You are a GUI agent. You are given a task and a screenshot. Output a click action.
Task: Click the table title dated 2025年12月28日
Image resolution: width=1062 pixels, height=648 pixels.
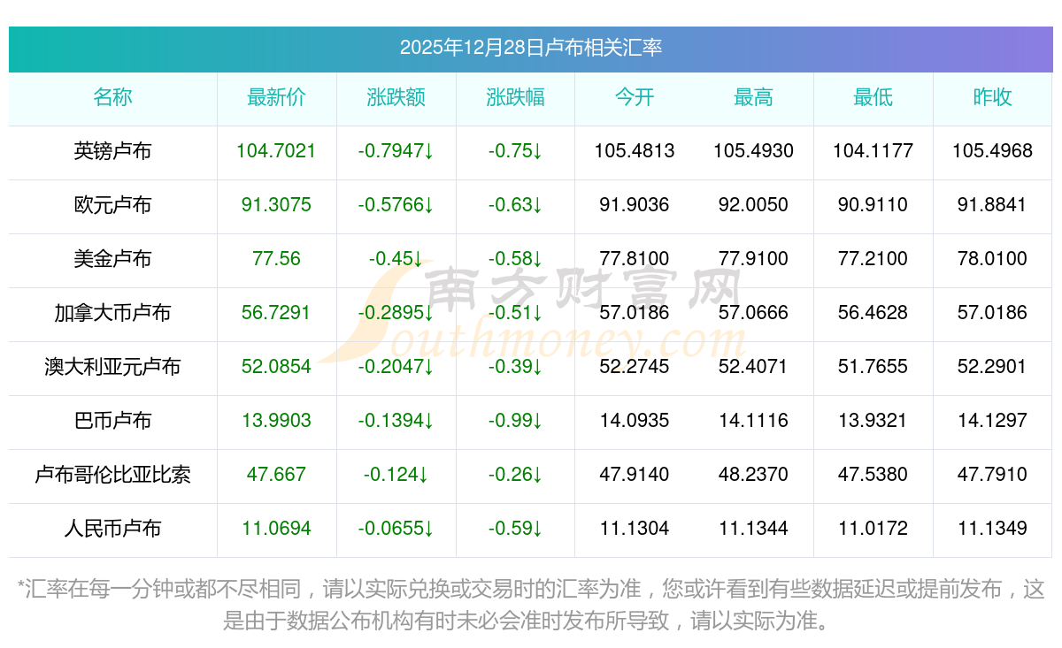coord(530,48)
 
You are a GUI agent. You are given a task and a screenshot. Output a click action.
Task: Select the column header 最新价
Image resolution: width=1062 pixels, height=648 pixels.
coord(276,98)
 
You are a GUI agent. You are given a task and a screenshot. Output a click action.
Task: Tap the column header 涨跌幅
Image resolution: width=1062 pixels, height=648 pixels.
coord(515,98)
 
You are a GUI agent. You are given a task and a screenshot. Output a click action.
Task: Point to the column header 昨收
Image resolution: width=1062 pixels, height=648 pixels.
coord(992,98)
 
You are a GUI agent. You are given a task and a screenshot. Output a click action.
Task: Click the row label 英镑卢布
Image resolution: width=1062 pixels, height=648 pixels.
coord(112,151)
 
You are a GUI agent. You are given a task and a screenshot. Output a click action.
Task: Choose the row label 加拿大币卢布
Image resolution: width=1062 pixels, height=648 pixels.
coord(112,313)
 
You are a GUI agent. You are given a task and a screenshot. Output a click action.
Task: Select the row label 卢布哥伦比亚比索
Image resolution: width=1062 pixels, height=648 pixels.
coord(112,475)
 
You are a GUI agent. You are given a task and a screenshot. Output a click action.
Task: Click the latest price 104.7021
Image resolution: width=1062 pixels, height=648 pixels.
coord(276,151)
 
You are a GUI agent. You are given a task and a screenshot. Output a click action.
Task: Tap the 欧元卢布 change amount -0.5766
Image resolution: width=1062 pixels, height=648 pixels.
coord(396,205)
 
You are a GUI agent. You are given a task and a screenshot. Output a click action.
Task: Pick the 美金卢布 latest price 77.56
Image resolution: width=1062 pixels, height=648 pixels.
coord(276,259)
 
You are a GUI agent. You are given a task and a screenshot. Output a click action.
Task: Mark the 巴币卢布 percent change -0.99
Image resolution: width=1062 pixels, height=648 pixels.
coord(515,421)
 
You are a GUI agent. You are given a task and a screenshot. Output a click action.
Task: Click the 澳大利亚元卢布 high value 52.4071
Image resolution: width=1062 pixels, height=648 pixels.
coord(753,367)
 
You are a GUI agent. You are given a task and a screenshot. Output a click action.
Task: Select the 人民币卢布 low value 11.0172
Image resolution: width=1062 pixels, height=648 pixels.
coord(873,529)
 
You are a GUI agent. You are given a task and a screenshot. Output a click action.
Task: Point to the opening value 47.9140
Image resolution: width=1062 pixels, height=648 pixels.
coord(635,475)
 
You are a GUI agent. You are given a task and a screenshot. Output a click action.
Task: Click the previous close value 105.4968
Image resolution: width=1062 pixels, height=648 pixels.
coord(992,151)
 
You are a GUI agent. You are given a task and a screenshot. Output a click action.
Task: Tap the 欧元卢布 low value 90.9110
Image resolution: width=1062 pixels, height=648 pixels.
coord(873,205)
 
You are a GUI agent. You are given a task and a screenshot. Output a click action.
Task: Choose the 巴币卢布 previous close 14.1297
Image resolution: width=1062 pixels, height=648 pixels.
coord(992,421)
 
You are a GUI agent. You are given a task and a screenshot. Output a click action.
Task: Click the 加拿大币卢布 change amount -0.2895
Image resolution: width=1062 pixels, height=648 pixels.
coord(396,313)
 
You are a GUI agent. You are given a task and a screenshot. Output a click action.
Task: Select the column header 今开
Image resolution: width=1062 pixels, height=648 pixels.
coord(635,98)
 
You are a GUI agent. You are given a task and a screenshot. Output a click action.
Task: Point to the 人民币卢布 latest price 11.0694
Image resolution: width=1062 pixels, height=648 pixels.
coord(276,529)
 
